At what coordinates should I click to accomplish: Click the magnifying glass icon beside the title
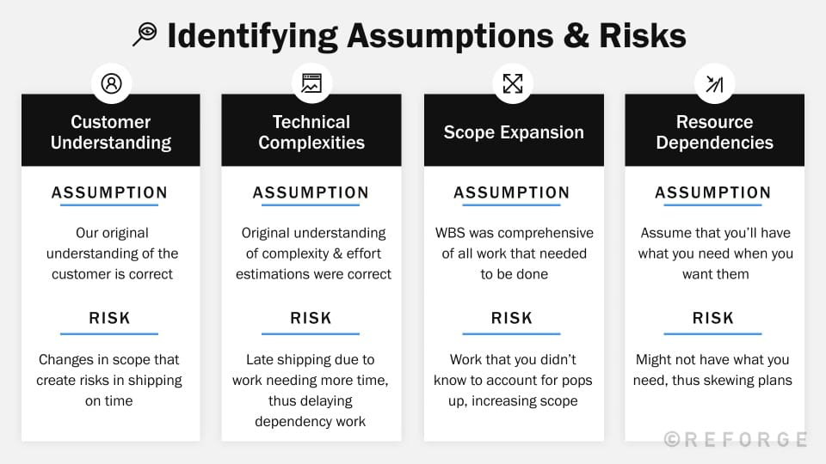coord(145,34)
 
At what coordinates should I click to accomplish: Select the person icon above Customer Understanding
coord(111,83)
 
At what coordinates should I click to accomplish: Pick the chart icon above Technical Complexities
coord(311,83)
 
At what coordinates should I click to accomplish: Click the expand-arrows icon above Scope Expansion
coord(513,83)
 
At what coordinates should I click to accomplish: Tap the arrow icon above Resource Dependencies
coord(714,83)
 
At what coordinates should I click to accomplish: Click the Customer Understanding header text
coord(111,132)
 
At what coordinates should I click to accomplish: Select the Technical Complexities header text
coord(311,132)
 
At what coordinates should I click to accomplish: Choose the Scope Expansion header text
coord(514,132)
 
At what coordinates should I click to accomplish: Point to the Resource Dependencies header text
coord(714,132)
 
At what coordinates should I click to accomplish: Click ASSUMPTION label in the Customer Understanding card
coord(109,192)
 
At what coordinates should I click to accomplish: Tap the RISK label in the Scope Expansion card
coord(512,319)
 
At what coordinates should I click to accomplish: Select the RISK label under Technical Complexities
coord(311,319)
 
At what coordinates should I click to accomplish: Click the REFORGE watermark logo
coord(736,439)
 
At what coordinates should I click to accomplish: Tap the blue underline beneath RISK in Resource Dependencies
coord(712,333)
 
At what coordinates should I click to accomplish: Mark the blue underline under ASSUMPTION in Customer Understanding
coord(109,205)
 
